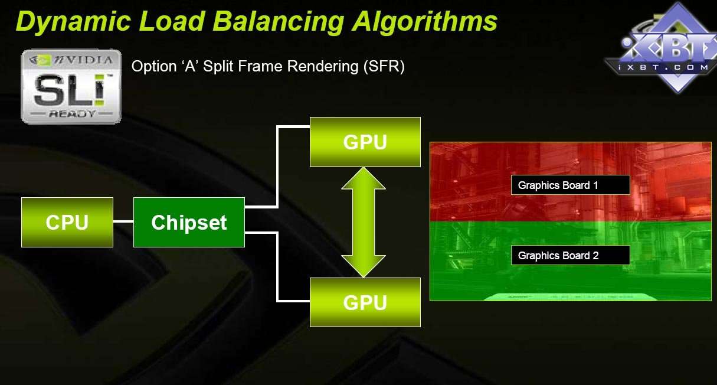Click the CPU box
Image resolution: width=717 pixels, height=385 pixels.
click(x=67, y=222)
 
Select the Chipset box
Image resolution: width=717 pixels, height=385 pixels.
click(x=189, y=222)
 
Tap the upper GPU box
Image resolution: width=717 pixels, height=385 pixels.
click(x=365, y=142)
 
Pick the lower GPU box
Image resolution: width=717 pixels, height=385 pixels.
click(x=365, y=302)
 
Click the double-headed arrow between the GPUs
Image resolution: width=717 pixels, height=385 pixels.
click(x=364, y=221)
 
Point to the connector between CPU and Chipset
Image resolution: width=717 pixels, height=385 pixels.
click(x=123, y=222)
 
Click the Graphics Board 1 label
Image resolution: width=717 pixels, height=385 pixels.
click(x=570, y=185)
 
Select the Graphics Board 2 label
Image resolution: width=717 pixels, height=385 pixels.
click(x=570, y=255)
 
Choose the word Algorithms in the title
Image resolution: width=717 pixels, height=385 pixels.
click(x=425, y=21)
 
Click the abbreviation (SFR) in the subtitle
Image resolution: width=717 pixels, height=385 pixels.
click(x=383, y=66)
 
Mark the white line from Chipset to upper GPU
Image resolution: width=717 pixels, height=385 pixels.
click(x=277, y=165)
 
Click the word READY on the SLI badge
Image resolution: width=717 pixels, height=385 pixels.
click(x=71, y=113)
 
